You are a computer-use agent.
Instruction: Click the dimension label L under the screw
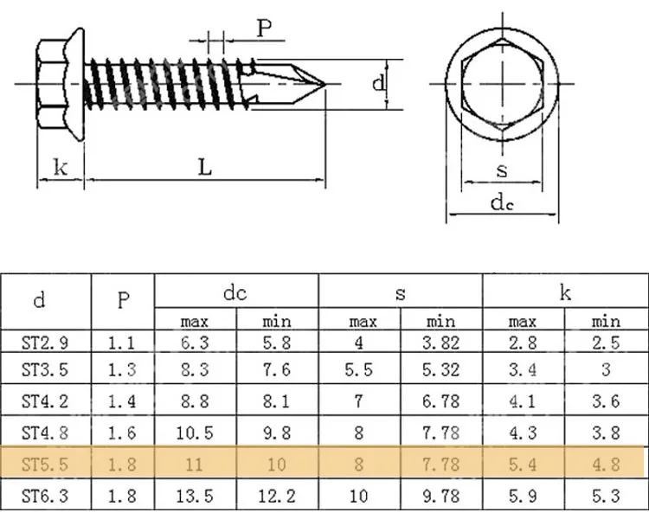pos(204,167)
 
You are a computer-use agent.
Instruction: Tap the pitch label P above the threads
pos(264,29)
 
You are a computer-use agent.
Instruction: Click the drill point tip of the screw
pos(324,84)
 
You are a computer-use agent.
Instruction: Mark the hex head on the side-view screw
pos(57,84)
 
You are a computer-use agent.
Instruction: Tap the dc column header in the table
pos(235,293)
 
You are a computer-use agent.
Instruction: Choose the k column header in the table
pos(564,293)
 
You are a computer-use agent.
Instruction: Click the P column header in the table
pos(123,301)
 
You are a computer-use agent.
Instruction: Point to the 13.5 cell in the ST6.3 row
pos(195,496)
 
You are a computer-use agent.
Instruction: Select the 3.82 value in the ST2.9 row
pos(440,343)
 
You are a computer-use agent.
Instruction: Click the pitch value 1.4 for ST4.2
pos(123,401)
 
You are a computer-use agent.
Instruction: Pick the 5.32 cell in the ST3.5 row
pos(440,371)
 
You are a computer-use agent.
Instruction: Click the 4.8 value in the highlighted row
pos(605,465)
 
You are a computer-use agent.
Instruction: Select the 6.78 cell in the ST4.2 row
pos(440,401)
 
